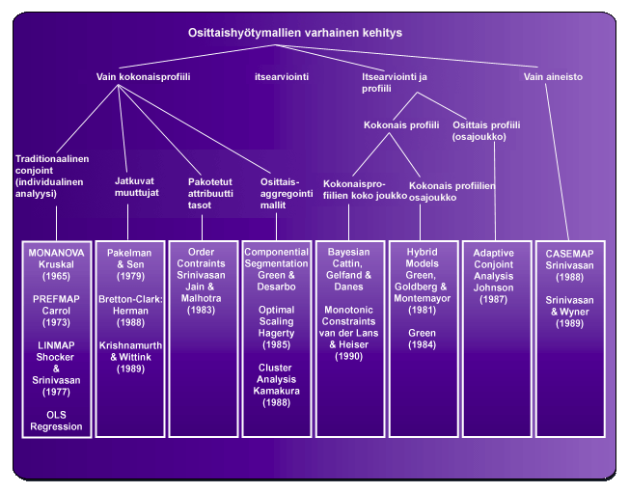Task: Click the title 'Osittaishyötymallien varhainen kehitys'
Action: (295, 33)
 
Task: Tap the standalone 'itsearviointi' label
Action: (282, 76)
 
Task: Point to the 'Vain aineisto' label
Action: (553, 76)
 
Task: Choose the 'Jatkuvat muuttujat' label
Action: (130, 185)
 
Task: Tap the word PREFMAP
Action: (56, 301)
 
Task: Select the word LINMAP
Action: (56, 344)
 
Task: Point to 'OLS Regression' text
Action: (56, 420)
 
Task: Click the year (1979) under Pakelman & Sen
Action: (130, 276)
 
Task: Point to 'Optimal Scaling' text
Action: (276, 319)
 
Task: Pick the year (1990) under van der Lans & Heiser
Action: (348, 357)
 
